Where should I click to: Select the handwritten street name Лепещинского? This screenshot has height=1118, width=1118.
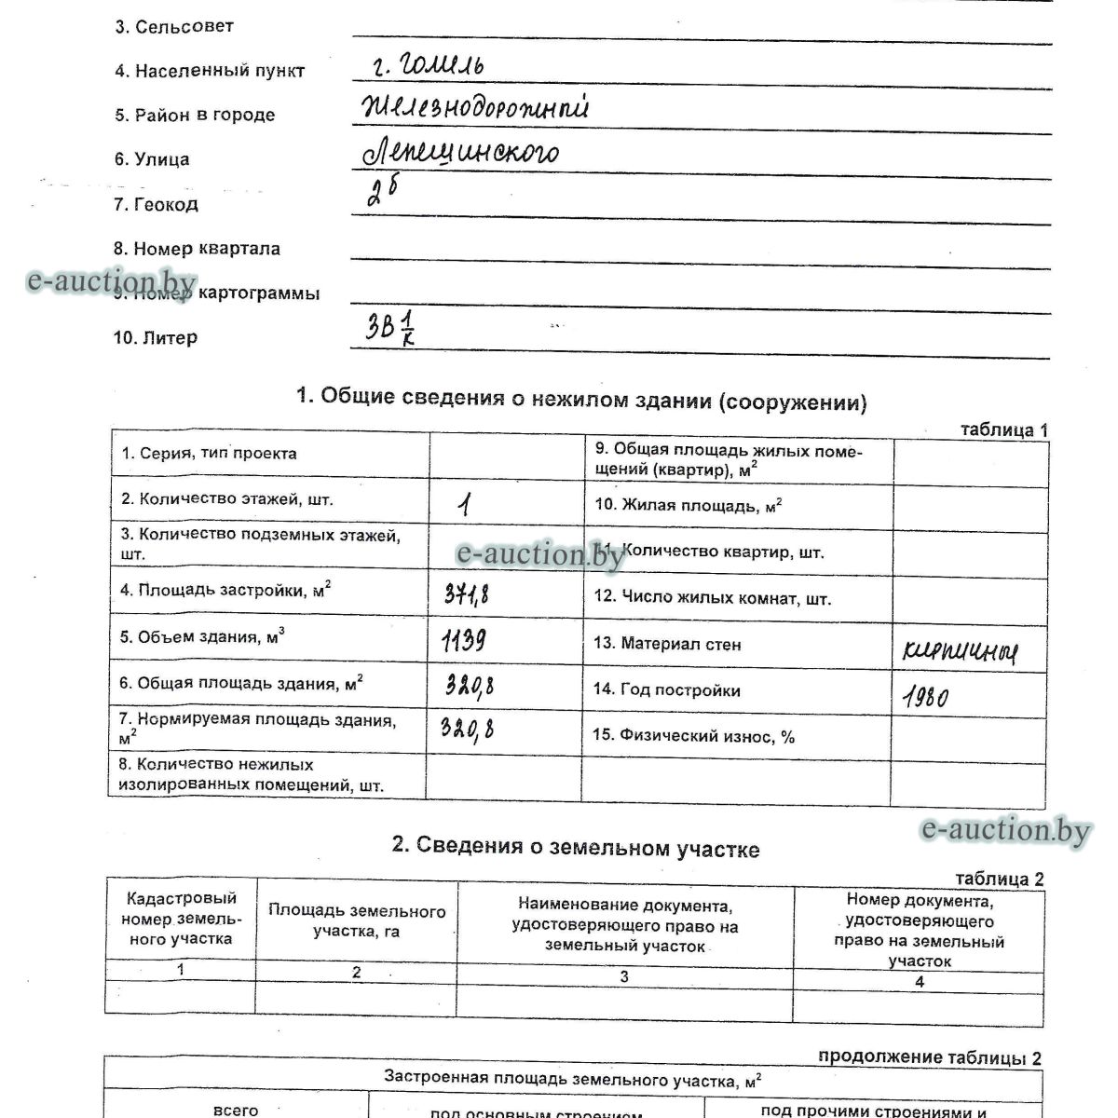[460, 153]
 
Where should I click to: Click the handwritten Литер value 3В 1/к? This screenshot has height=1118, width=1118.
[389, 327]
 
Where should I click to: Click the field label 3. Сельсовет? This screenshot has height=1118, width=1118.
[173, 27]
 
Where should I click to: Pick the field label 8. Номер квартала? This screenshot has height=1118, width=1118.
[197, 249]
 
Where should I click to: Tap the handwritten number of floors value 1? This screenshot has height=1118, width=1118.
[464, 504]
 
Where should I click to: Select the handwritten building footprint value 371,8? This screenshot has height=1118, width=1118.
[466, 593]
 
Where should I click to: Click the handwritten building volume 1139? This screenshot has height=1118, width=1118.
[463, 640]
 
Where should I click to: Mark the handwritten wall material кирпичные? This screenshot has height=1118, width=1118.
[960, 651]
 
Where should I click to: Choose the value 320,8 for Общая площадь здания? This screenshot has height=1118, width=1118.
[469, 686]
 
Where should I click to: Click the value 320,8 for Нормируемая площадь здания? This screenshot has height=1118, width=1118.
[467, 729]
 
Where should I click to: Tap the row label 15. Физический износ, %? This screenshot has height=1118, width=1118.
[693, 736]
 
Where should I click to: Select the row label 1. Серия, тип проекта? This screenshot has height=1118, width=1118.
[209, 454]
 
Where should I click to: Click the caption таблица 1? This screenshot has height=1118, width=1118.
[1003, 430]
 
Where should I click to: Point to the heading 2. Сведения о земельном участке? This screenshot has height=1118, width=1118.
[575, 848]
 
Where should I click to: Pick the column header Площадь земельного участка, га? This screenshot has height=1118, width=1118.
[357, 920]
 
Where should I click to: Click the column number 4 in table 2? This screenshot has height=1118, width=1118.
[920, 981]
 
